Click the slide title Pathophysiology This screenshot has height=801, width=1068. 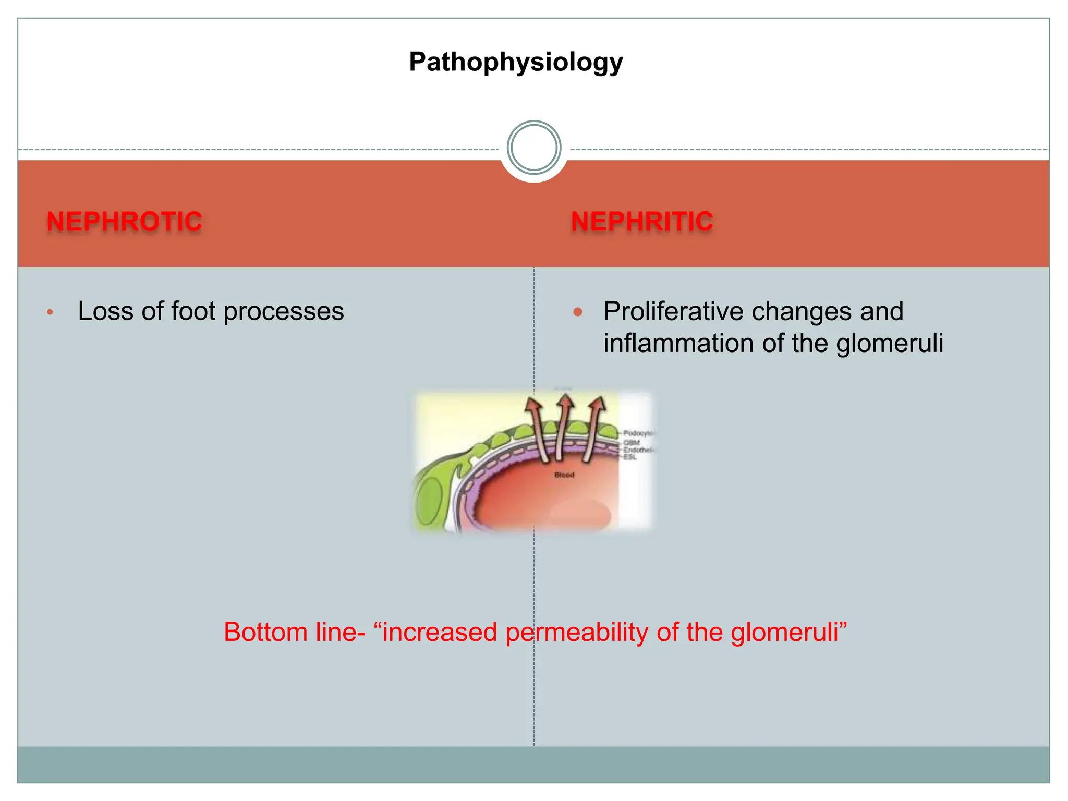(x=516, y=62)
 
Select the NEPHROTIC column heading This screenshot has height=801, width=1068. (x=124, y=222)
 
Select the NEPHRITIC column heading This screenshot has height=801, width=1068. (x=642, y=222)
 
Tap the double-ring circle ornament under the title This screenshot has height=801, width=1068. (x=533, y=148)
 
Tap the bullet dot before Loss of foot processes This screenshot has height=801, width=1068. (x=50, y=312)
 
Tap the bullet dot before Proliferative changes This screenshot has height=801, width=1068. (x=577, y=312)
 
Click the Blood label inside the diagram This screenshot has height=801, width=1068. (x=564, y=475)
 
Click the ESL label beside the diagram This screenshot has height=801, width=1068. (x=630, y=457)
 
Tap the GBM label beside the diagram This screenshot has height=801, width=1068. (x=631, y=443)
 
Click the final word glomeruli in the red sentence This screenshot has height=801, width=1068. (x=787, y=632)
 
